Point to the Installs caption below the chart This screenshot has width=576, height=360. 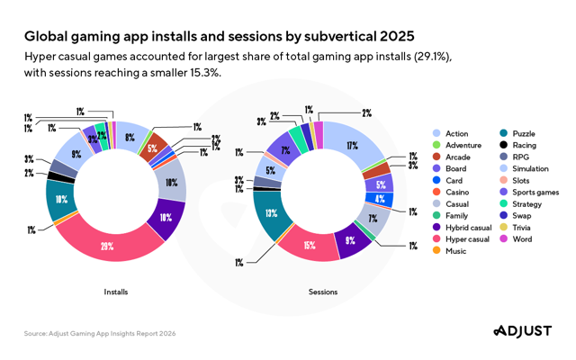point(116,292)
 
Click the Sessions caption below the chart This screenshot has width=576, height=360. point(322,292)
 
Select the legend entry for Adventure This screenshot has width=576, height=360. point(463,145)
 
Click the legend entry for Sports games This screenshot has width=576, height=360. point(535,192)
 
